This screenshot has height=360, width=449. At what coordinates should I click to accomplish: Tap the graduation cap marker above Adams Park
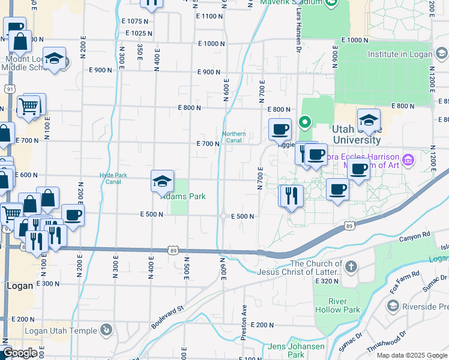tap(162, 182)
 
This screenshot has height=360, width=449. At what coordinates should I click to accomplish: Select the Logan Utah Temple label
tap(61, 331)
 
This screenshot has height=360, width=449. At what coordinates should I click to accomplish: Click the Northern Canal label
tap(234, 137)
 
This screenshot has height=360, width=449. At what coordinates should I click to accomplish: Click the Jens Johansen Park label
tap(296, 350)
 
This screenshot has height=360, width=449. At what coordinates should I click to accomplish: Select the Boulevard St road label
tap(166, 316)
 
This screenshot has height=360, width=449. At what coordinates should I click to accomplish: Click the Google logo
tap(19, 353)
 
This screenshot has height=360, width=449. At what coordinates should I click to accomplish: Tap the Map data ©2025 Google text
tap(411, 355)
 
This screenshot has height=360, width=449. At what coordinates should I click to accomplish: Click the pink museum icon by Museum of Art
tap(408, 160)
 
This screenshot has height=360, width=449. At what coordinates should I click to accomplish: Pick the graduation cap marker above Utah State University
tap(369, 120)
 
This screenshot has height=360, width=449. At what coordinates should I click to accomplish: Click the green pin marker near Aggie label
tap(305, 123)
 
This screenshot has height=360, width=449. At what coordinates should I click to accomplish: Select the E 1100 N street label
tap(209, 16)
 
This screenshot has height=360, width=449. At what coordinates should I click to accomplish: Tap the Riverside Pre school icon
tap(393, 307)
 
